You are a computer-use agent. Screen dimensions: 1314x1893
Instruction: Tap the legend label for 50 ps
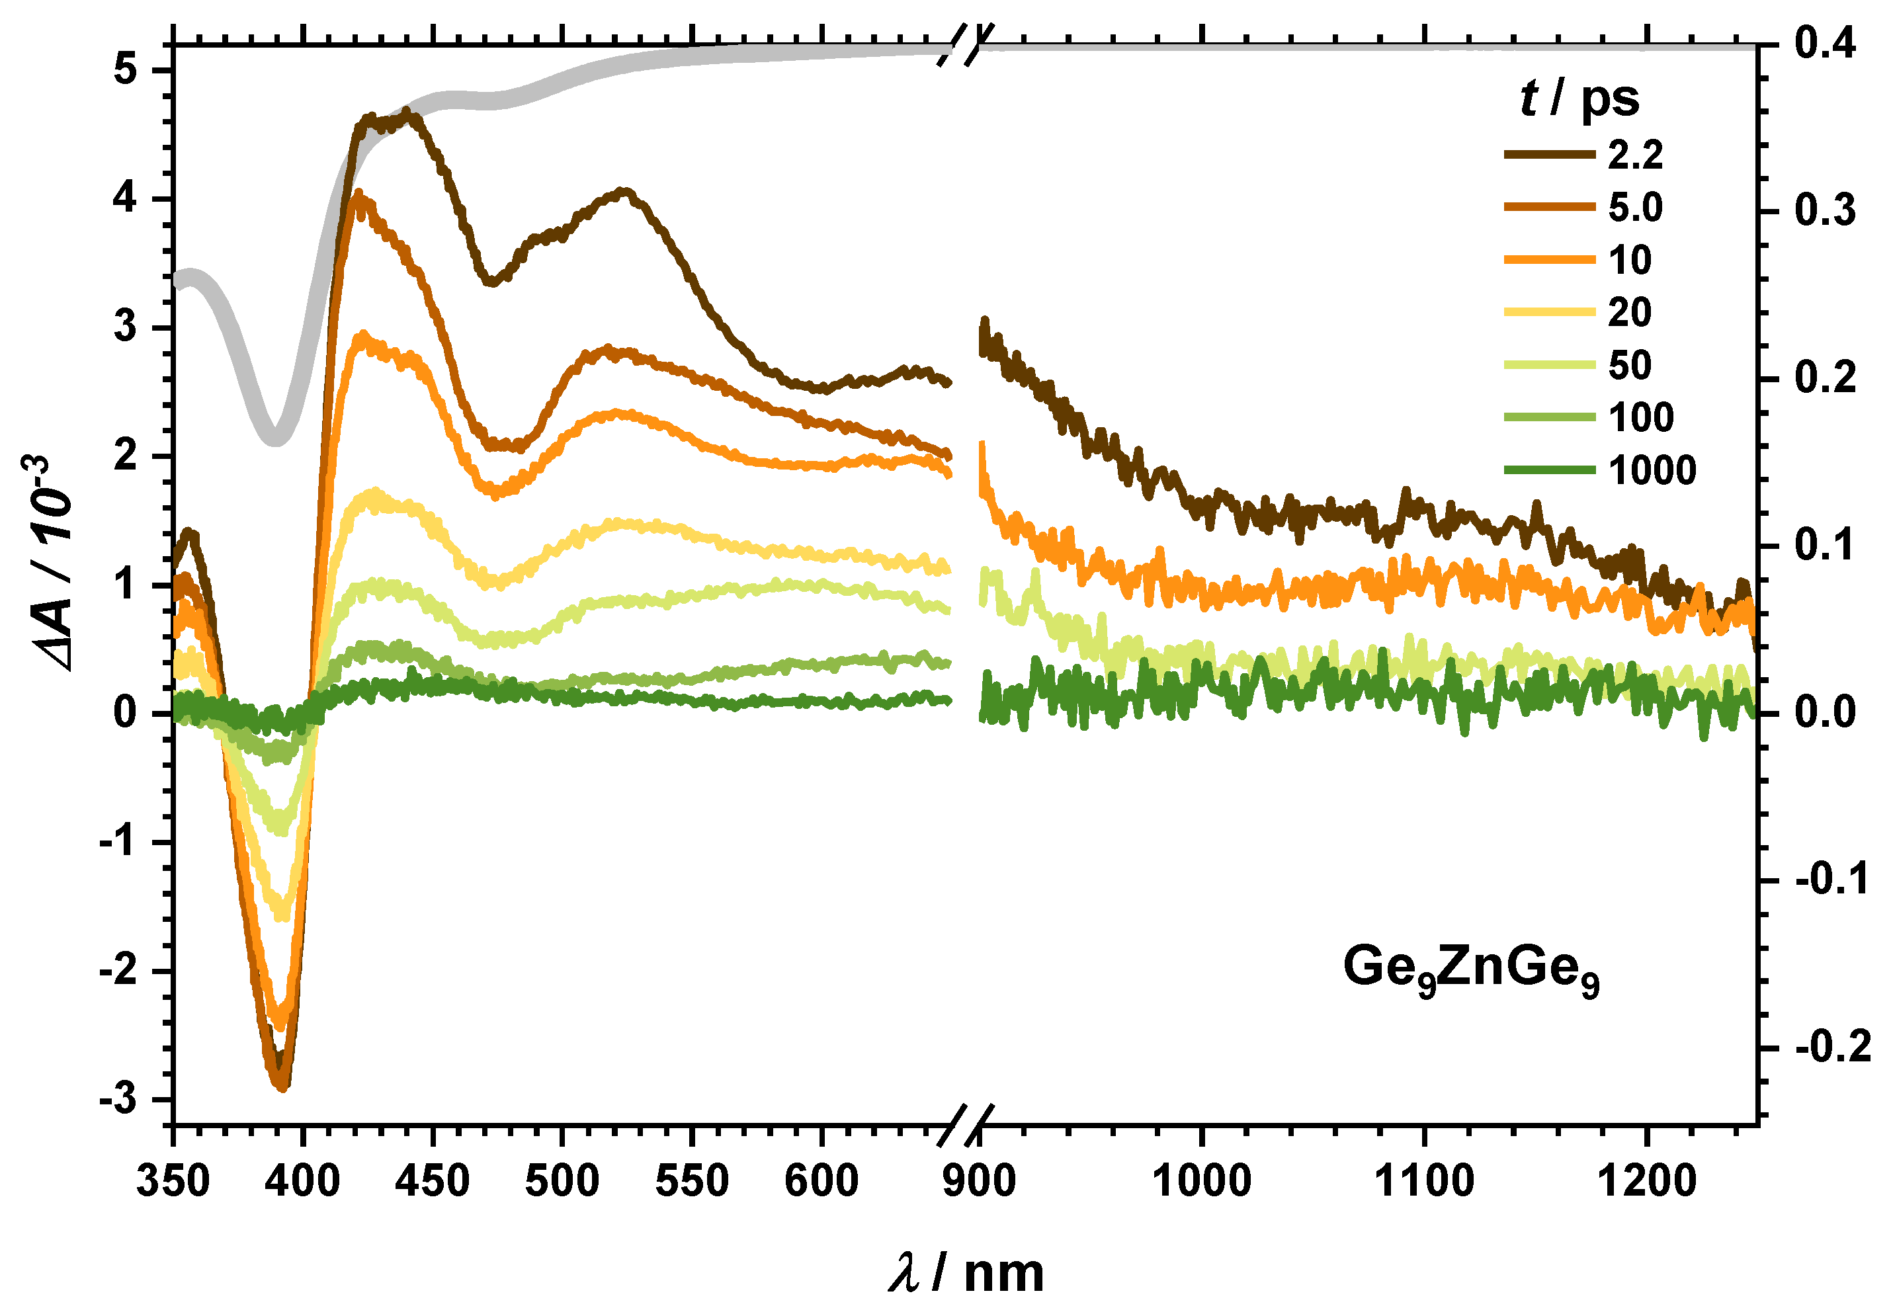[x=1628, y=366]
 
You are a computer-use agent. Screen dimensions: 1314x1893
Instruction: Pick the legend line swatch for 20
[x=1548, y=312]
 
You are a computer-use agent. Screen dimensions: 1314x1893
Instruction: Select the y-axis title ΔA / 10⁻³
[x=51, y=565]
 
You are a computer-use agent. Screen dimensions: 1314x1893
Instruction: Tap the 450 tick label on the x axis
[x=433, y=1182]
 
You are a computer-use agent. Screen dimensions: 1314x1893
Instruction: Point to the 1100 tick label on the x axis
[x=1423, y=1182]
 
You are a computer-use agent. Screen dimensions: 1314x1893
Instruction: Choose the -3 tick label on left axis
[x=118, y=1100]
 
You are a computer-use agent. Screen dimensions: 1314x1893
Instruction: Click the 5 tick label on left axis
[x=125, y=71]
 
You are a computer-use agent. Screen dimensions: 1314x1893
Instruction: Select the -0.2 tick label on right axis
[x=1832, y=1047]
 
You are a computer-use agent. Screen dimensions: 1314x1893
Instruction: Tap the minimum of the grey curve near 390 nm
[x=276, y=436]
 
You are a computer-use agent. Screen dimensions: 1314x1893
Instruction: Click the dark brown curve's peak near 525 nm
[x=625, y=192]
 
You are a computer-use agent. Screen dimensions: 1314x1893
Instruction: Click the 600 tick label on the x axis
[x=821, y=1182]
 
